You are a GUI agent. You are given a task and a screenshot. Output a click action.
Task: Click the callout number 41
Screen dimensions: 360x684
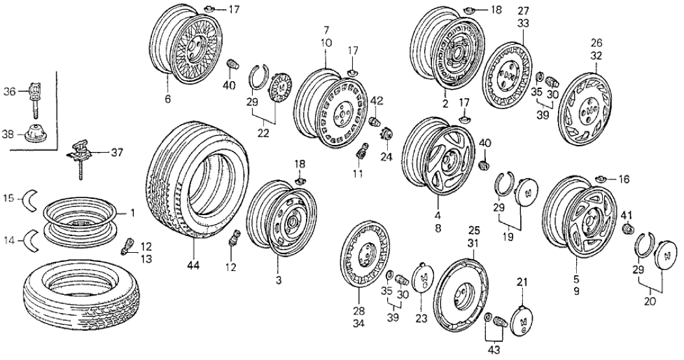(x=627, y=214)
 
